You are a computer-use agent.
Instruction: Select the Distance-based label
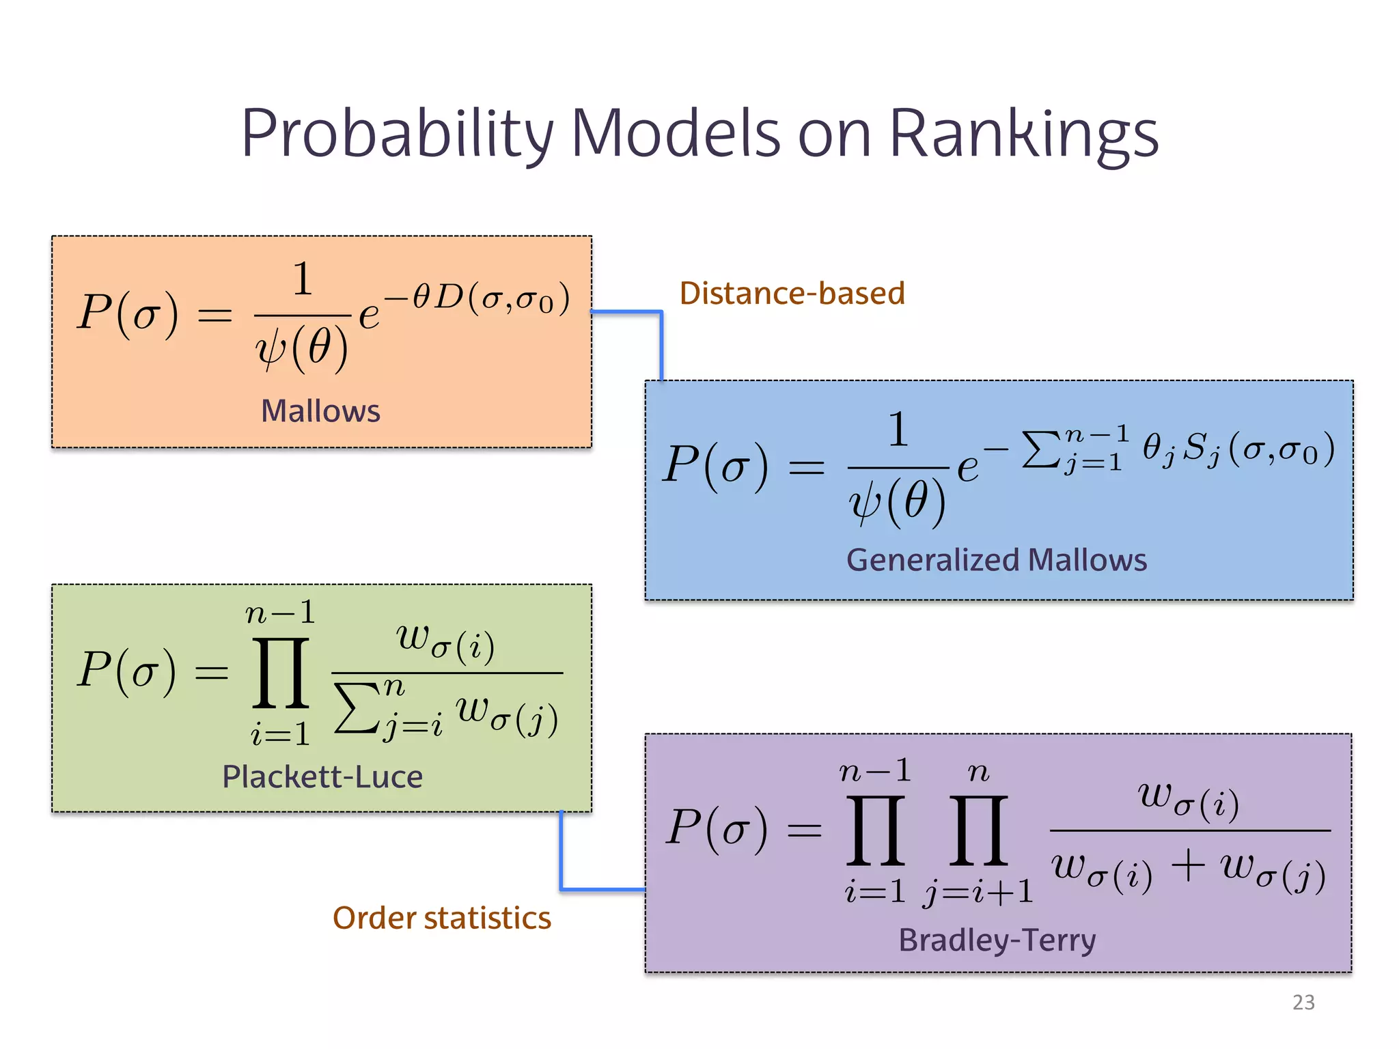792,293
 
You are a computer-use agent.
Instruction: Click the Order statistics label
441,918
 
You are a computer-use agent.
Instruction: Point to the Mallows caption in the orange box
320,411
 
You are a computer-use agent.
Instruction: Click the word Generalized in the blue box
932,560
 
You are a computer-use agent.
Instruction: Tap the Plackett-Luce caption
322,777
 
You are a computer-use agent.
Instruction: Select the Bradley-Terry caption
997,940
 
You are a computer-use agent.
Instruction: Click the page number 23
1303,1002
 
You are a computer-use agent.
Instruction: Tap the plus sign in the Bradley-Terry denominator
1188,866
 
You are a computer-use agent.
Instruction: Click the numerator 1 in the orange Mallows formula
303,279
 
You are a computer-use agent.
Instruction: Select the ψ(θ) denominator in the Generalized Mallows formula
897,503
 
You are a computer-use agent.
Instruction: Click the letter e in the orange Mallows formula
369,316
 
